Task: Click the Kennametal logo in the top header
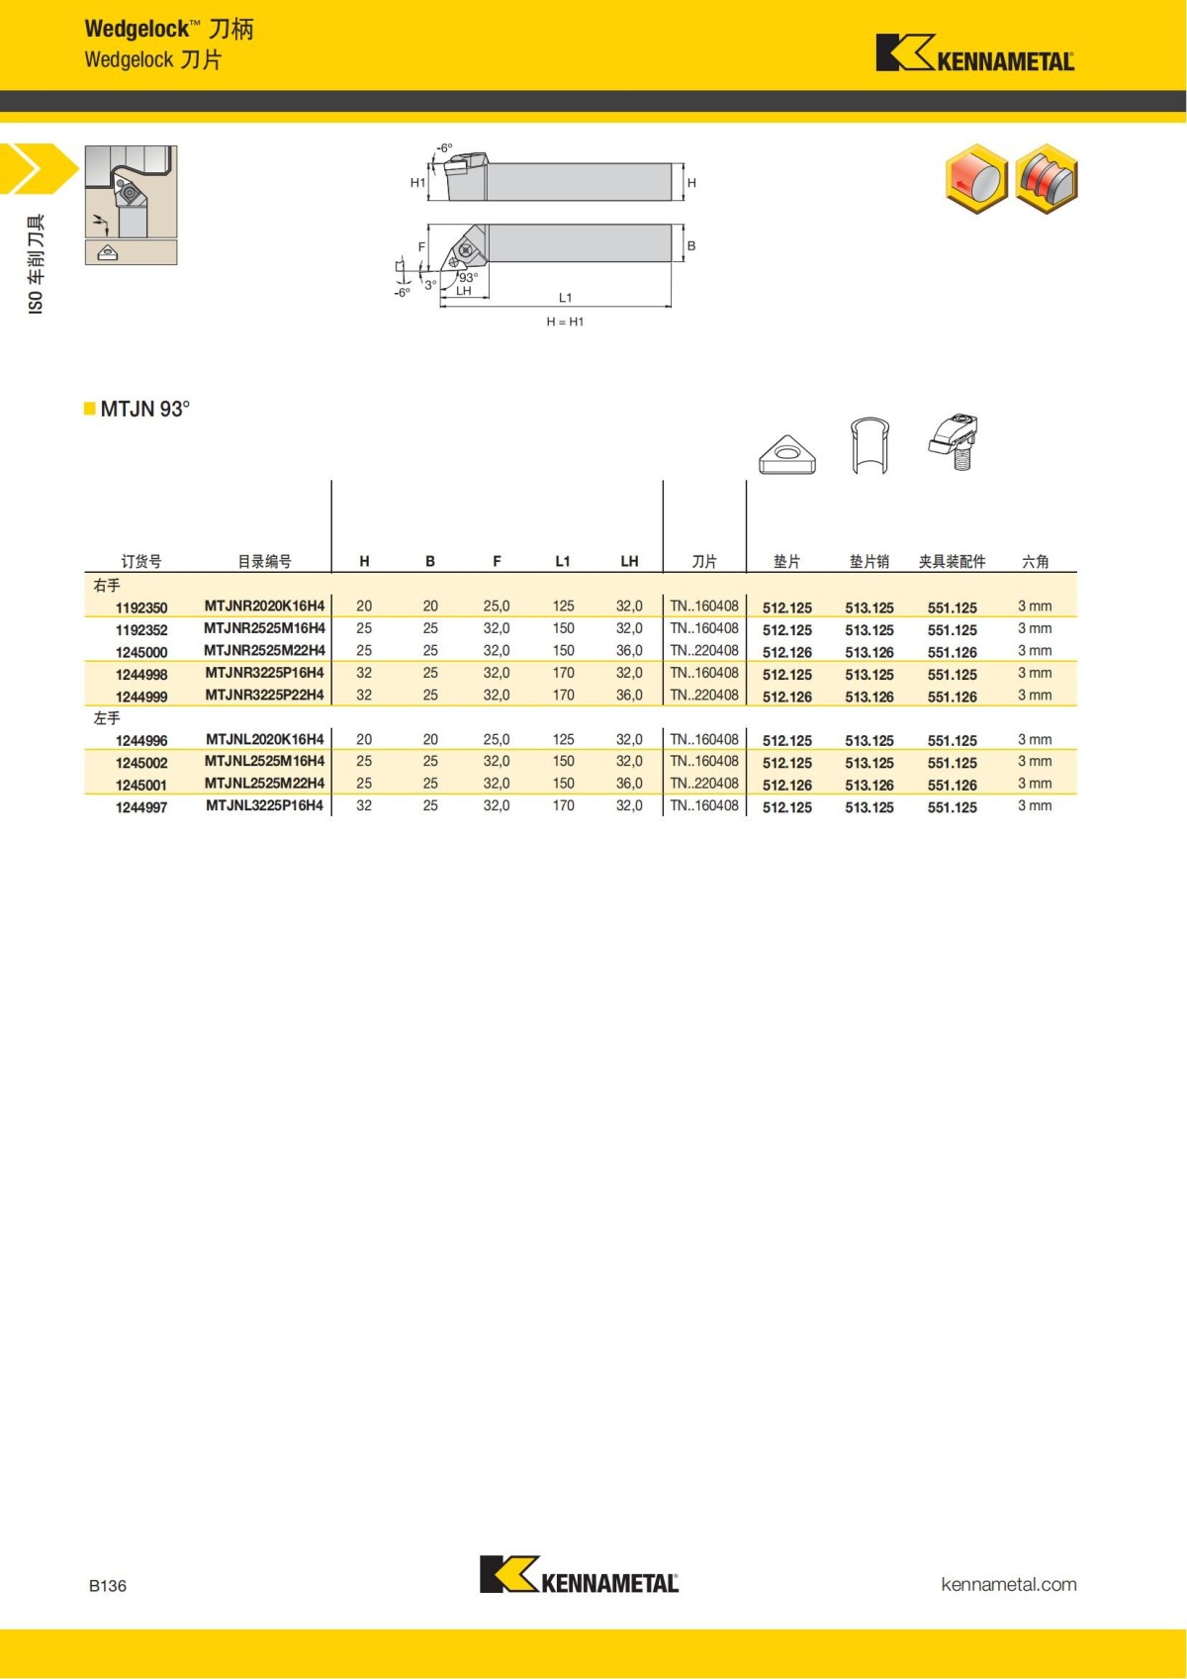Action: [974, 53]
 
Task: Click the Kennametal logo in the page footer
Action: [579, 1574]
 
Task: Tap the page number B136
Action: [108, 1586]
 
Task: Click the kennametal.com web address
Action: [1008, 1584]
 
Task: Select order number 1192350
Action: [141, 607]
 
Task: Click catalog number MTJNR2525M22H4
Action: [264, 650]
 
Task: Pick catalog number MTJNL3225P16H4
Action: [264, 805]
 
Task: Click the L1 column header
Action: [563, 561]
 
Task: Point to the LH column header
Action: [629, 561]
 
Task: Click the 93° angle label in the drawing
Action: [468, 278]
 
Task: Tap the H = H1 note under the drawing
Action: [565, 322]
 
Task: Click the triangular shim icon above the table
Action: [787, 455]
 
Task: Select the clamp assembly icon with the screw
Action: [955, 441]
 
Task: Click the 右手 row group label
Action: [107, 586]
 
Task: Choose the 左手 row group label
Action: [107, 718]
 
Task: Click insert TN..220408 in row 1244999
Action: [704, 695]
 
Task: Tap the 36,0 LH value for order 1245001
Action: [629, 783]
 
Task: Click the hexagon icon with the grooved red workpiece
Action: [1047, 179]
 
